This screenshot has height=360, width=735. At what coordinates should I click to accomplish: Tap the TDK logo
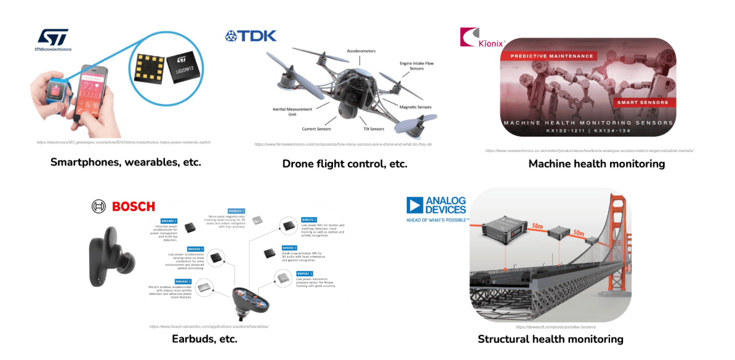(x=251, y=36)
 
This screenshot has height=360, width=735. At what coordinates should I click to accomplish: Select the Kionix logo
(x=482, y=38)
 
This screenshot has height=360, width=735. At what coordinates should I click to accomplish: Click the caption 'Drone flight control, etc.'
(x=345, y=164)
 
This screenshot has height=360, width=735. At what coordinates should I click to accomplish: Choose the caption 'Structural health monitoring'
(x=550, y=339)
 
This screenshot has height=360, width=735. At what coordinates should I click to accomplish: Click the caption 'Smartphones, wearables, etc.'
(x=126, y=162)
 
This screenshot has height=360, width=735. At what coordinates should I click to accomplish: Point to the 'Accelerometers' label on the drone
(x=361, y=51)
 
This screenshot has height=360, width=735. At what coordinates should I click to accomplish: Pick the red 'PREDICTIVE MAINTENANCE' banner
(x=547, y=56)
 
